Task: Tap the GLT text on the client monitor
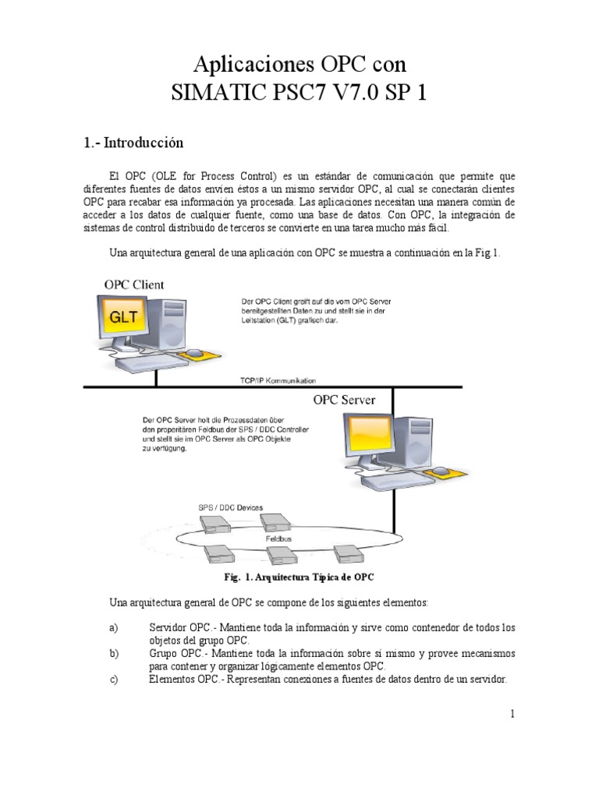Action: click(126, 318)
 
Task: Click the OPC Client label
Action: click(134, 284)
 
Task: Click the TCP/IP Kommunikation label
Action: click(278, 380)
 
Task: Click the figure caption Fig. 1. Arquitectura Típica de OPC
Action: click(299, 577)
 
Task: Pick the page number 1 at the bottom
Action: click(511, 713)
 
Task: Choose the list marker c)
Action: click(114, 679)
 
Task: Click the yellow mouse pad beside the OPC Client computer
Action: click(194, 355)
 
